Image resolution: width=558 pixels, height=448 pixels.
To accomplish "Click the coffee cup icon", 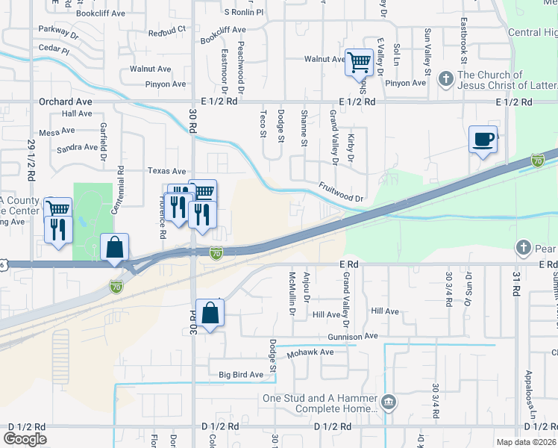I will pos(483,138).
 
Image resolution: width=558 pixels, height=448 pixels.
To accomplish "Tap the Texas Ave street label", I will pos(166,171).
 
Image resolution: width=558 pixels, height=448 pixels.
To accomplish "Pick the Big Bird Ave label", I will pos(241,374).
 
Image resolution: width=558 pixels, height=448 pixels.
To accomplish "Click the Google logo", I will pos(25,439).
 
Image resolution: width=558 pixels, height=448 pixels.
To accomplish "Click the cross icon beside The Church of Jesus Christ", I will pos(446,78).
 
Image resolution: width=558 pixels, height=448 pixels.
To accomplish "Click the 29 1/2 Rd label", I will pos(31,161).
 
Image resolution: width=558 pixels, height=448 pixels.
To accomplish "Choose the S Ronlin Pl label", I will pos(244,13).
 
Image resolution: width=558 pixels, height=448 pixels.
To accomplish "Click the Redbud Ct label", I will pos(166,32).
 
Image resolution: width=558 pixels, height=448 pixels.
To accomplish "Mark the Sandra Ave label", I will pos(78,148).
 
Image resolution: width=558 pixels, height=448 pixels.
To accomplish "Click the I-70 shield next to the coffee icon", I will pos(537,161).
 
